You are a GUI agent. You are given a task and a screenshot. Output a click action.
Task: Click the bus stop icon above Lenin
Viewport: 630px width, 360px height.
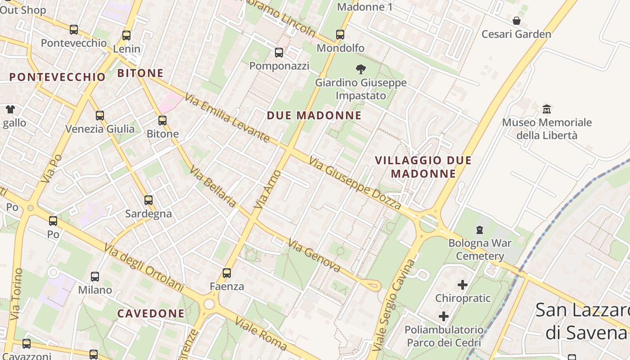126,35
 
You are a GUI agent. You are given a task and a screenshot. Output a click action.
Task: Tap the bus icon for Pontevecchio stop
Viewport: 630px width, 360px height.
74,30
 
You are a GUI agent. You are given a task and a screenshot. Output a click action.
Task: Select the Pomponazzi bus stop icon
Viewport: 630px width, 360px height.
279,53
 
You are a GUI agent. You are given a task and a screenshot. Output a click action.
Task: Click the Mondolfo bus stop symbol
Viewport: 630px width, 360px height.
340,35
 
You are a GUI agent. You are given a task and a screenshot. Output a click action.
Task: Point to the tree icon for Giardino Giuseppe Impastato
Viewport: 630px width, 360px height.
360,69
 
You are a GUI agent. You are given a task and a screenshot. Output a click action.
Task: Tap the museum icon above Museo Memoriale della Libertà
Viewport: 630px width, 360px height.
547,109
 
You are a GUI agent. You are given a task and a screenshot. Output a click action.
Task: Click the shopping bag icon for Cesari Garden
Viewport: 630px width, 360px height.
516,21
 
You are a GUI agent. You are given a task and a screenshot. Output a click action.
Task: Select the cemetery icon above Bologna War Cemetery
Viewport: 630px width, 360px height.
480,230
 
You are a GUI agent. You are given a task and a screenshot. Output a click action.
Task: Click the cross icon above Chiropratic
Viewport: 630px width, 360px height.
463,285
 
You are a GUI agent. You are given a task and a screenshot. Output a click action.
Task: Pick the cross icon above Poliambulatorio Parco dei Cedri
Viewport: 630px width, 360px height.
444,316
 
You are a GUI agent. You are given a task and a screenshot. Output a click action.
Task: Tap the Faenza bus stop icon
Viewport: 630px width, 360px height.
227,273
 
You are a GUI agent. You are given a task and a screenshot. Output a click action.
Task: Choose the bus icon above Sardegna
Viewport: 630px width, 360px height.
148,200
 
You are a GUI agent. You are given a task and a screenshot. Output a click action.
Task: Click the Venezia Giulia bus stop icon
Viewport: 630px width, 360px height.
100,116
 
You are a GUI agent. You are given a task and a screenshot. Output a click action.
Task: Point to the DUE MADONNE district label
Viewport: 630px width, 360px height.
314,115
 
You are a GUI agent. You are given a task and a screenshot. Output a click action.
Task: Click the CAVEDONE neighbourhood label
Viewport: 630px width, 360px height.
151,313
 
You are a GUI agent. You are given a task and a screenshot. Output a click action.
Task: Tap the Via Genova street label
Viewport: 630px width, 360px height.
315,256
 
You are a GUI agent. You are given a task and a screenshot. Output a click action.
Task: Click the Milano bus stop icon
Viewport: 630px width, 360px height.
95,277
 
